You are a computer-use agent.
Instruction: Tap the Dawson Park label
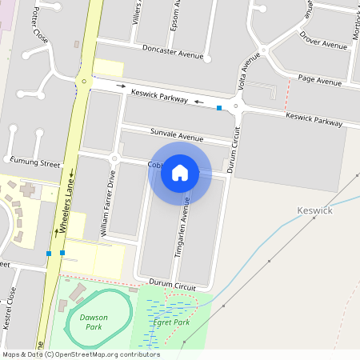95,322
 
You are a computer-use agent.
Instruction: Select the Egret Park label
172,322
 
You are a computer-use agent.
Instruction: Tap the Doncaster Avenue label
170,50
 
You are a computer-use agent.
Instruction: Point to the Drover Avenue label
324,41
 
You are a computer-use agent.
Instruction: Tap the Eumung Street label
35,162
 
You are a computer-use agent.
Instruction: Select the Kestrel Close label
11,304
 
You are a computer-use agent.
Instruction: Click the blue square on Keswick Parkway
219,107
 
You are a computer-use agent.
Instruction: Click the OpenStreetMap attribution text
81,354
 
